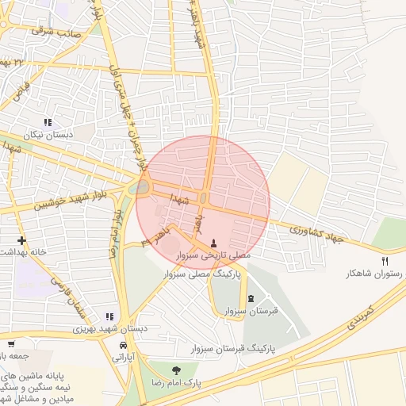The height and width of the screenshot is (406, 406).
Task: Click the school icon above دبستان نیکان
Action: [x=48, y=122]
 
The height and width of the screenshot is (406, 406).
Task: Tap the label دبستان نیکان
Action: [x=48, y=135]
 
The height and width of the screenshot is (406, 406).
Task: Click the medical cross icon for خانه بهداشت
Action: [x=21, y=240]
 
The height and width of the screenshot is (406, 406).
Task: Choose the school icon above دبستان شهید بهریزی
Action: [x=109, y=316]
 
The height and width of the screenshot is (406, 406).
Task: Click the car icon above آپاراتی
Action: [x=123, y=347]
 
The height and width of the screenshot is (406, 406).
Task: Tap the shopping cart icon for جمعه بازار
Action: [x=11, y=343]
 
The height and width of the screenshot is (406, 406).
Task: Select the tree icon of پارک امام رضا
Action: [x=176, y=370]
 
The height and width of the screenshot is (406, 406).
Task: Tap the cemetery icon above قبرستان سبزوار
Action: [x=251, y=298]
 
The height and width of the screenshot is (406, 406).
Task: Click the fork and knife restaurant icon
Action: [x=385, y=260]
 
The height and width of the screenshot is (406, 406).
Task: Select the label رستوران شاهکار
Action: [x=374, y=274]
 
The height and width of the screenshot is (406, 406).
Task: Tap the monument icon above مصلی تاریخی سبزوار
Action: [x=213, y=242]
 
